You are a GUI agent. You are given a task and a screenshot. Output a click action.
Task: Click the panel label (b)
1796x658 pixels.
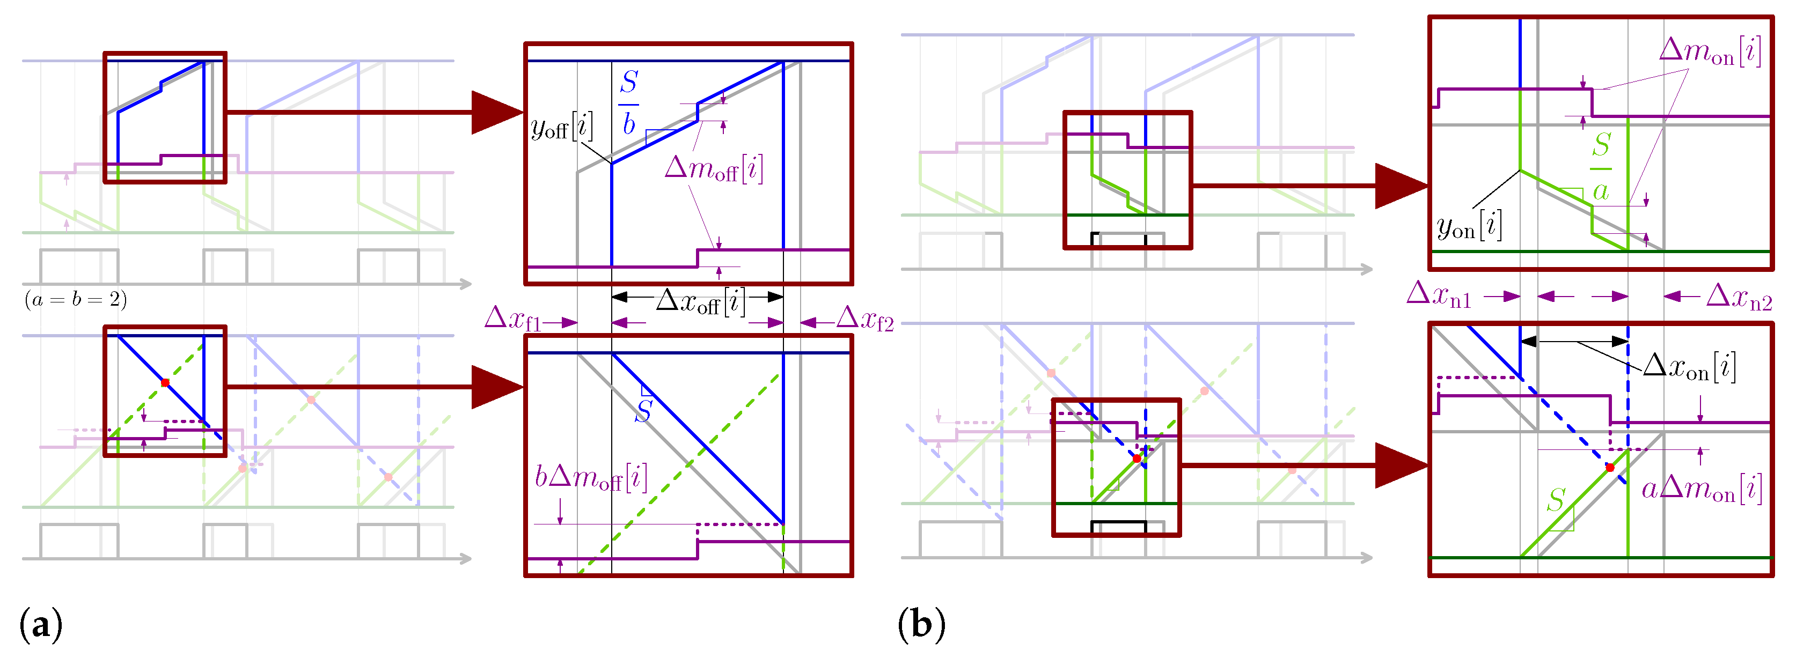click(x=921, y=624)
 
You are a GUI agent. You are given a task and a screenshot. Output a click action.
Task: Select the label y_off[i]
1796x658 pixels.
click(x=562, y=127)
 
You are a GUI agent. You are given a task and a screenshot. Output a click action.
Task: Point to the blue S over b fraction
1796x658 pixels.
click(x=629, y=103)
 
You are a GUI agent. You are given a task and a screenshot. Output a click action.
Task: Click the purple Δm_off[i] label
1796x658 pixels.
click(x=714, y=169)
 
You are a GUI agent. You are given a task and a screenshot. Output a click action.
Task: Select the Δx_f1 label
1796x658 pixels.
click(x=512, y=319)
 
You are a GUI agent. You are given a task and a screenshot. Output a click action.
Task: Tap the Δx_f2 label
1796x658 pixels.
click(x=864, y=319)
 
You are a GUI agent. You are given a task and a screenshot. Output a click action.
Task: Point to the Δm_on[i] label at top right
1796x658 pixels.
click(x=1710, y=51)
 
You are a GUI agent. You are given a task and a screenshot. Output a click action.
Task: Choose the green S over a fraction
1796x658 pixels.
click(x=1601, y=167)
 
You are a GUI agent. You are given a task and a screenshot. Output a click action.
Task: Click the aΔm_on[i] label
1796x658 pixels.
click(x=1701, y=489)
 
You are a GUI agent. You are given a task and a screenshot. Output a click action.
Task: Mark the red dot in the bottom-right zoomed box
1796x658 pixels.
click(x=1610, y=468)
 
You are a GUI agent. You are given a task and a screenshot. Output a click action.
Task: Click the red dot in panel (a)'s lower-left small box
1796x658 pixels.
click(x=165, y=383)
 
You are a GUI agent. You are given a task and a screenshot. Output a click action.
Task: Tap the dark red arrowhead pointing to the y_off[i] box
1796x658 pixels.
click(x=496, y=112)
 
